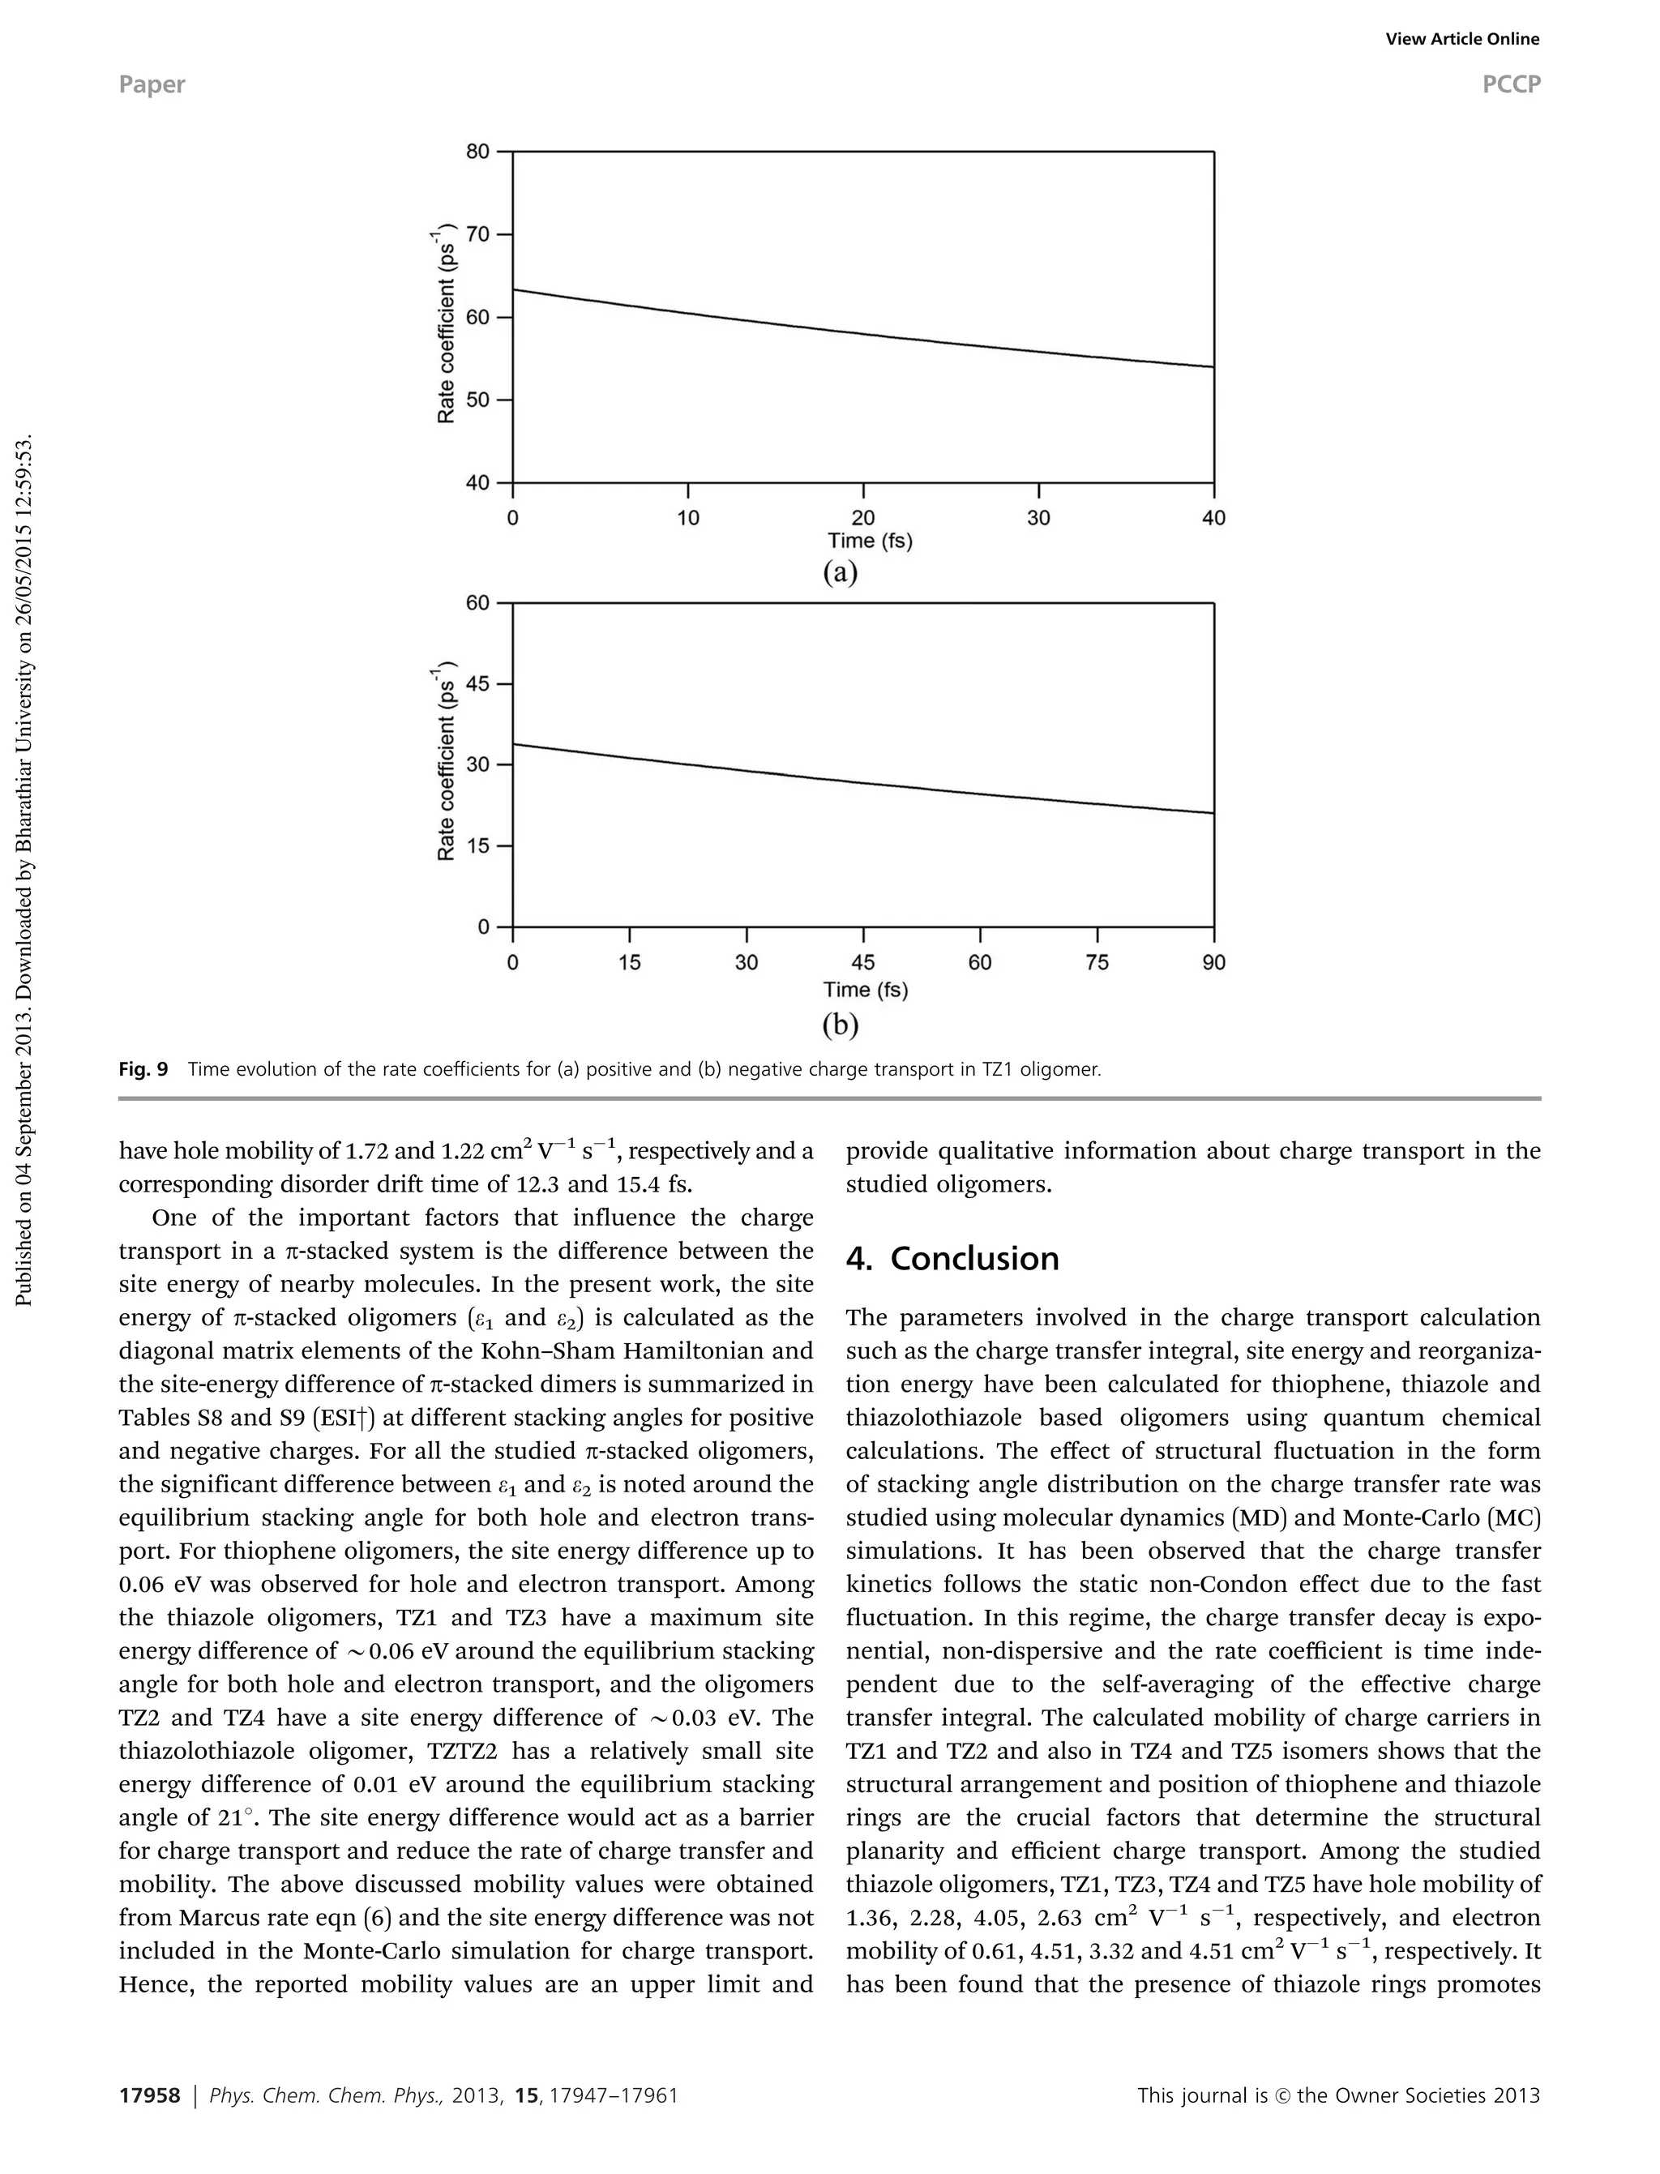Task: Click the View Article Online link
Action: click(x=1461, y=40)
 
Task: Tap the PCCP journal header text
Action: click(x=1510, y=85)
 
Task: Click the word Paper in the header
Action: click(x=152, y=85)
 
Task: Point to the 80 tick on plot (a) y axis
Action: click(x=477, y=152)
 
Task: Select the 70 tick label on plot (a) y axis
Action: click(x=477, y=235)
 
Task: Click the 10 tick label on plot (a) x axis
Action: click(x=687, y=518)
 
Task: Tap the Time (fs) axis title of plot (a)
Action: click(x=870, y=541)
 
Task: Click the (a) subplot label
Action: click(x=840, y=573)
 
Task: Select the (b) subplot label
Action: click(x=840, y=1025)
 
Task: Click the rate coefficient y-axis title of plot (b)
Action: click(x=447, y=761)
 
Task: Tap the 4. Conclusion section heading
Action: click(x=952, y=1259)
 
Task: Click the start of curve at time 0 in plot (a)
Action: click(x=514, y=290)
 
